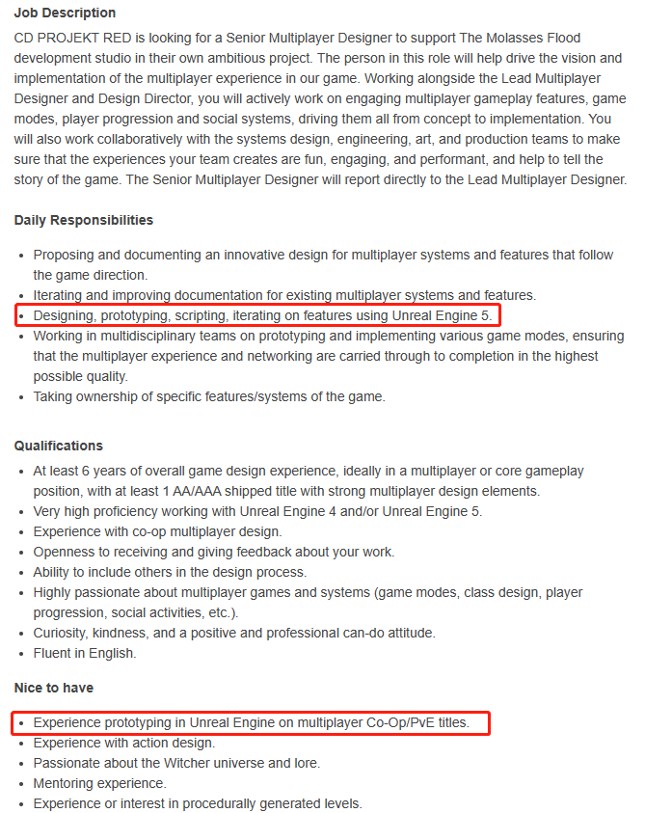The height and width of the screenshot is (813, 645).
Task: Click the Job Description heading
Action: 65,14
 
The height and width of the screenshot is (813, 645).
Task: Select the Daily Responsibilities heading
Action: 84,220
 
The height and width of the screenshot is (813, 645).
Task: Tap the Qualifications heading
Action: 59,446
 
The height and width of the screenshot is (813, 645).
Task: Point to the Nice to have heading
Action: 54,688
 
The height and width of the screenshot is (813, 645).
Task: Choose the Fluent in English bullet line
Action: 85,653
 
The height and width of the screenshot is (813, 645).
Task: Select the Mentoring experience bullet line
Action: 100,783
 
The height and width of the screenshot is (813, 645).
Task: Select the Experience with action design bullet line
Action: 124,743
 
